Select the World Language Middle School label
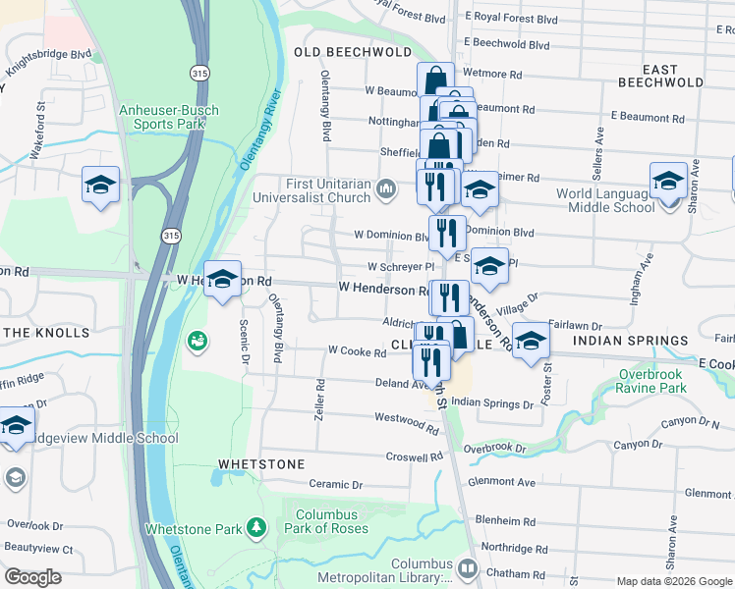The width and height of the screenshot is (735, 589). pyautogui.click(x=605, y=200)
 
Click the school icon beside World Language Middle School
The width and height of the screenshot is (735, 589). pyautogui.click(x=668, y=183)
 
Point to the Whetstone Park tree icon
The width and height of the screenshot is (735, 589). pyautogui.click(x=256, y=529)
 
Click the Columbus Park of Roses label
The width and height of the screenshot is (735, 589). pyautogui.click(x=326, y=521)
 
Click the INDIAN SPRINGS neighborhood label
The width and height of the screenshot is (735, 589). pyautogui.click(x=631, y=341)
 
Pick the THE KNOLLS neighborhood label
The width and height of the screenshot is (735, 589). pyautogui.click(x=46, y=333)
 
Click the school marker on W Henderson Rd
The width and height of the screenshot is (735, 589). pyautogui.click(x=222, y=279)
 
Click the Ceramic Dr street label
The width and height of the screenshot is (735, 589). pyautogui.click(x=336, y=484)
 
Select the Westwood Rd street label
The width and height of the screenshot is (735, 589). pyautogui.click(x=406, y=421)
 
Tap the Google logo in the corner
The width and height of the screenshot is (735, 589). pyautogui.click(x=32, y=577)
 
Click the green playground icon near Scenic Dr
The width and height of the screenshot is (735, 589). pyautogui.click(x=197, y=341)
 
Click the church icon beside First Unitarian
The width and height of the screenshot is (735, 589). pyautogui.click(x=386, y=187)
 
